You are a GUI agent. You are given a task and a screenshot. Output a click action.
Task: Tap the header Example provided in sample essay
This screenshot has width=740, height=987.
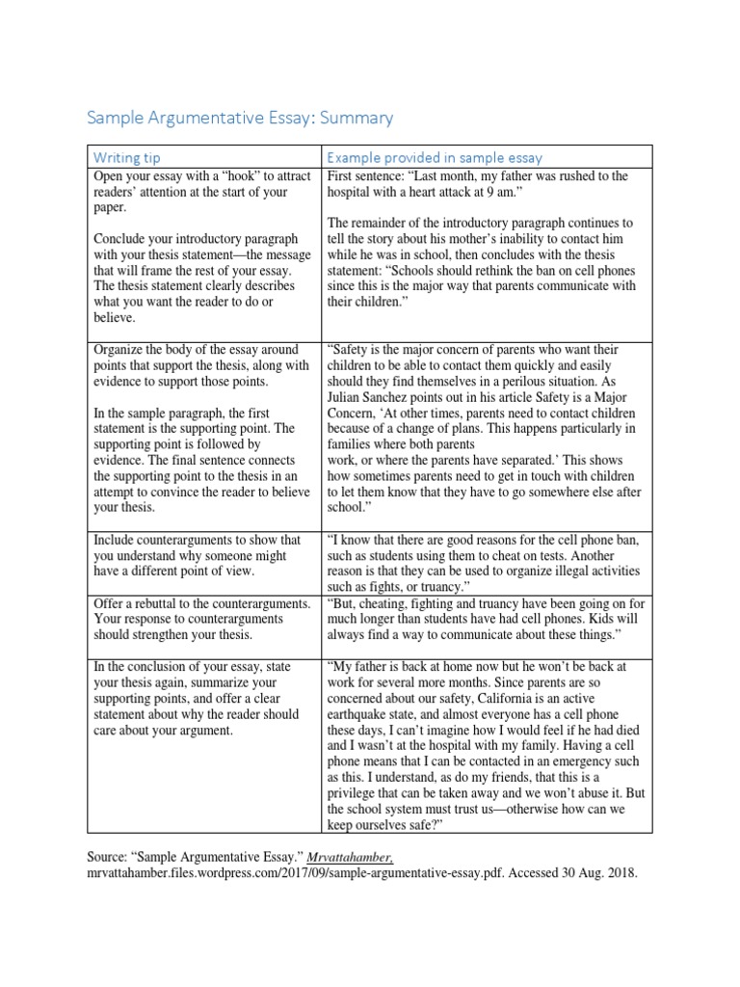tap(435, 157)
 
